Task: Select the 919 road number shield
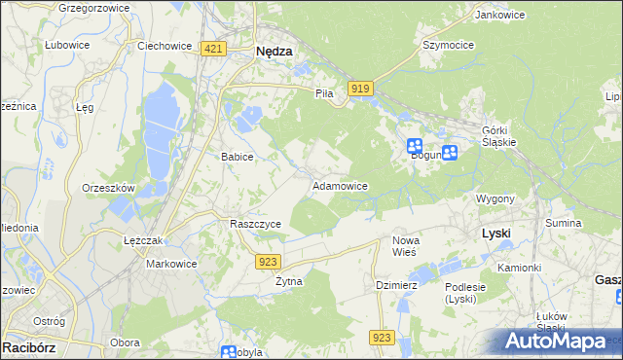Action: [360, 89]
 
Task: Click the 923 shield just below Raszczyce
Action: [270, 261]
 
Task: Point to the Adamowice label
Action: [339, 185]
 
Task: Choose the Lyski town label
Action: [496, 234]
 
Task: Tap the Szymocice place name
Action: [447, 45]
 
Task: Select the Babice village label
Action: [238, 157]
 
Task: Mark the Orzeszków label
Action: [109, 188]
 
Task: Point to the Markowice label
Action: [171, 264]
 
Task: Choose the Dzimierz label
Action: [396, 285]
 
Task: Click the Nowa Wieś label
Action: [405, 245]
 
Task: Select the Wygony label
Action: [495, 198]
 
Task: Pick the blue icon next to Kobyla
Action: [229, 353]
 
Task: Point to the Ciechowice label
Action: [162, 45]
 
